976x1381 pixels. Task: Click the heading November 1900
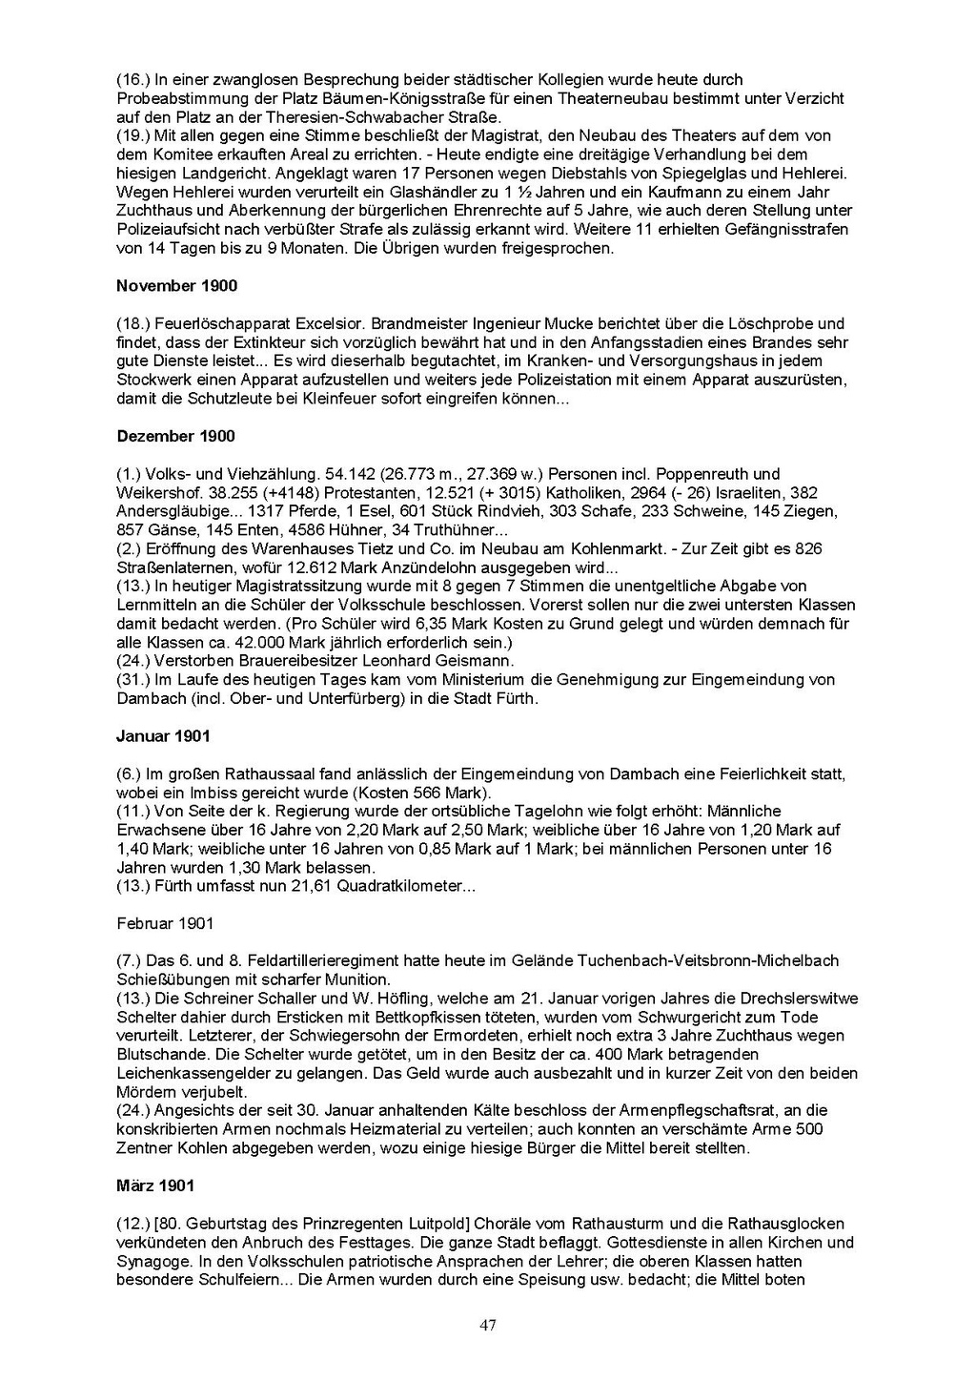coord(176,286)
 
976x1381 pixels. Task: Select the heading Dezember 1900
coord(175,436)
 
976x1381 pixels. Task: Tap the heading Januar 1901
coord(163,736)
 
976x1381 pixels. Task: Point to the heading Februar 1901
coord(165,923)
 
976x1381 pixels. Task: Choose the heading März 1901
coord(155,1185)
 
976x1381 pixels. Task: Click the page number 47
coord(488,1325)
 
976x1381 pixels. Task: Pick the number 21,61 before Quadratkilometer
coord(262,886)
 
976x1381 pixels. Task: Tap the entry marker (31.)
coord(132,680)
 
